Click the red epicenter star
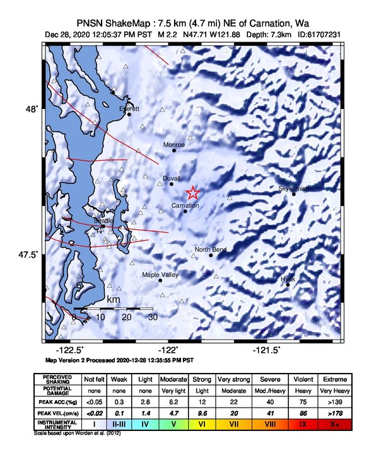pyautogui.click(x=193, y=193)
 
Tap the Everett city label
pyautogui.click(x=129, y=108)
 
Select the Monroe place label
pyautogui.click(x=174, y=145)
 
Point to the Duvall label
pyautogui.click(x=171, y=178)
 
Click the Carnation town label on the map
pyautogui.click(x=185, y=206)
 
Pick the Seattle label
pyautogui.click(x=103, y=221)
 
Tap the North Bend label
pyautogui.click(x=211, y=250)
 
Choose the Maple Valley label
pyautogui.click(x=160, y=275)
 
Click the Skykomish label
pyautogui.click(x=294, y=188)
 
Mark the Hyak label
pyautogui.click(x=288, y=278)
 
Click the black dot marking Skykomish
pyautogui.click(x=294, y=194)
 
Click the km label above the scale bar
pyautogui.click(x=114, y=299)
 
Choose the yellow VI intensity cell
pyautogui.click(x=202, y=425)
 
